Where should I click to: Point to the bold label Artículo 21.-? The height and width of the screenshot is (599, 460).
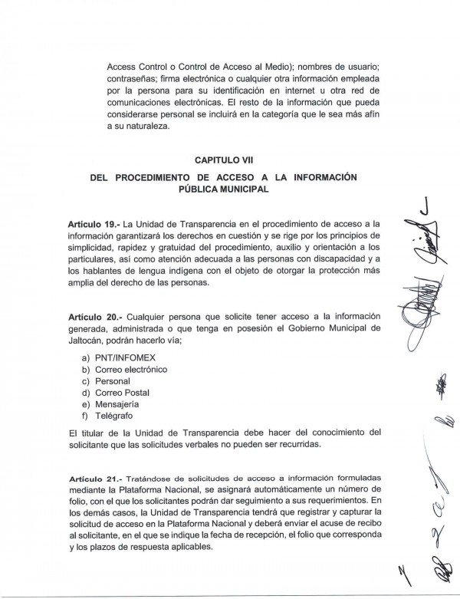coord(94,478)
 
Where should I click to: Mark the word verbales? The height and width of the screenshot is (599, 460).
coord(229,444)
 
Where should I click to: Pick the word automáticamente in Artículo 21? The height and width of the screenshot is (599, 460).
coord(298,489)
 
